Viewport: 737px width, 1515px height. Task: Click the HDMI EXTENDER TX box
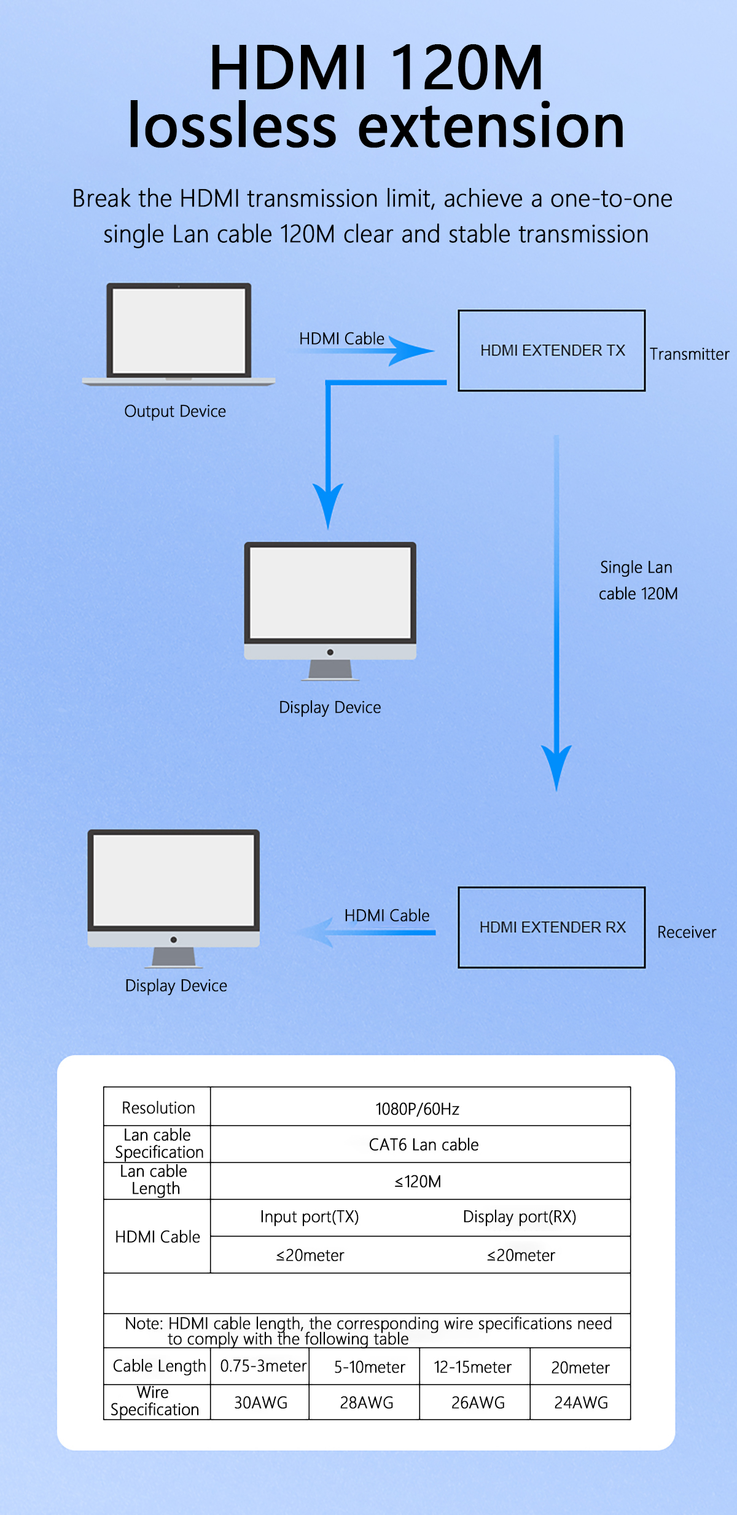[x=552, y=350]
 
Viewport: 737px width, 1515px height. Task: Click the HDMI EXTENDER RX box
[x=552, y=927]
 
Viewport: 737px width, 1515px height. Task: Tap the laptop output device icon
[x=179, y=334]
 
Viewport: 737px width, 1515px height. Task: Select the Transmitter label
[x=689, y=354]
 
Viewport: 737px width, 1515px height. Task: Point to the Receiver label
[x=686, y=933]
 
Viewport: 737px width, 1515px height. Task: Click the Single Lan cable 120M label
[x=638, y=580]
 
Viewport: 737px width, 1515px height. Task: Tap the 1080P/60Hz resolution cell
[x=418, y=1109]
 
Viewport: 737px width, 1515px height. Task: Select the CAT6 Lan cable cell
[x=423, y=1145]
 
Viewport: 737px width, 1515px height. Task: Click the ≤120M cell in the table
[x=418, y=1182]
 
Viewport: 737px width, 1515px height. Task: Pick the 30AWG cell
[x=260, y=1403]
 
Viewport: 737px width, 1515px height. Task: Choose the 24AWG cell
[x=580, y=1403]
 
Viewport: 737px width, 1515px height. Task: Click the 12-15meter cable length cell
[x=472, y=1368]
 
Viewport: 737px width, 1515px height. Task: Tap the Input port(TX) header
[x=309, y=1217]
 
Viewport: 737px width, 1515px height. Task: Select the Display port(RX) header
[x=519, y=1217]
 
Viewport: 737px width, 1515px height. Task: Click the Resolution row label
[x=158, y=1108]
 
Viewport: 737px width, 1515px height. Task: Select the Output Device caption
[x=175, y=411]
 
